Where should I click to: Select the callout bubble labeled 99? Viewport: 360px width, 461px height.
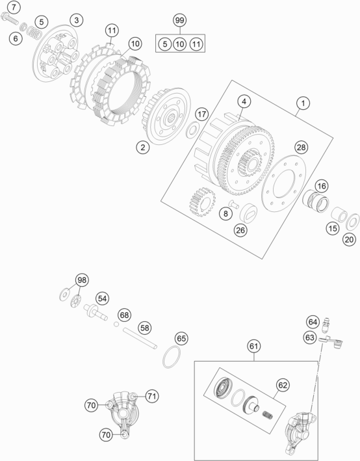(x=179, y=21)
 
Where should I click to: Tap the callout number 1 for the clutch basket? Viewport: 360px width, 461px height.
(x=302, y=103)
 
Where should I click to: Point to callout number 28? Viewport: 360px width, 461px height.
(x=301, y=148)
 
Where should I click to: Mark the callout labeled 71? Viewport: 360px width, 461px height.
(x=151, y=395)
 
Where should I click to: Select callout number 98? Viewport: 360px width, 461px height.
(x=81, y=279)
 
